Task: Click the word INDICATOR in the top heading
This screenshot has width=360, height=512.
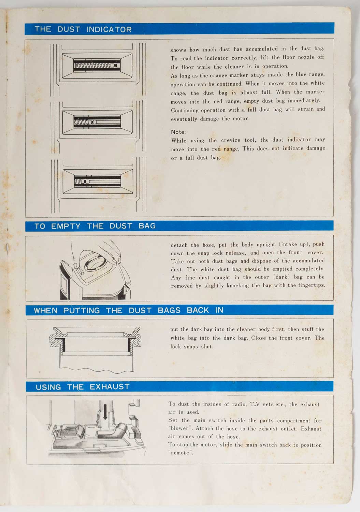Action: (109, 29)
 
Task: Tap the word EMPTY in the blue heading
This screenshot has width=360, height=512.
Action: (66, 226)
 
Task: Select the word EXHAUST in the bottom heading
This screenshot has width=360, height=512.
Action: (110, 387)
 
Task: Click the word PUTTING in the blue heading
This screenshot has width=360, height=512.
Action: (82, 310)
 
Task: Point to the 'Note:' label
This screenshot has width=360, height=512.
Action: (179, 132)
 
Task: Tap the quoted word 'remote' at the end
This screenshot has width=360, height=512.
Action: (181, 453)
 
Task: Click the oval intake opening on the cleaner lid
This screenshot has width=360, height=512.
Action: (96, 263)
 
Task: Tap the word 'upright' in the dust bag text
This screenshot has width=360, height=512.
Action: (265, 245)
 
